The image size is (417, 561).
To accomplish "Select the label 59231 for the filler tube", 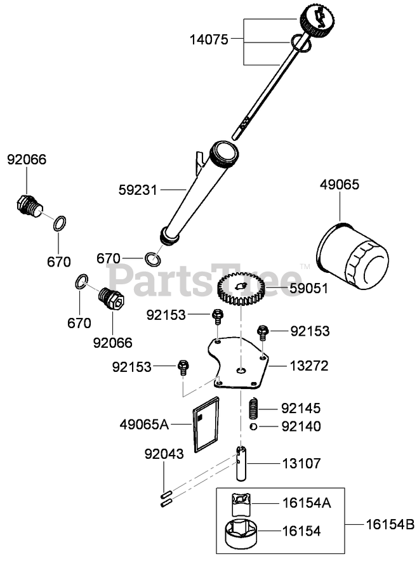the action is pyautogui.click(x=137, y=189).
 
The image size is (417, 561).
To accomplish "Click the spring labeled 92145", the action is pyautogui.click(x=254, y=407).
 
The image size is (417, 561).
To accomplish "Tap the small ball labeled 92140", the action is pyautogui.click(x=253, y=426).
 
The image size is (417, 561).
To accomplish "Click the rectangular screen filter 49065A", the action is pyautogui.click(x=206, y=424).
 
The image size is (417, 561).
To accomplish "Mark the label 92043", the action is pyautogui.click(x=164, y=454).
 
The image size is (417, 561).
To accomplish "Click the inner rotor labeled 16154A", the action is pyautogui.click(x=242, y=505).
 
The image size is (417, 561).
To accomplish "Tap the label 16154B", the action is pyautogui.click(x=389, y=525).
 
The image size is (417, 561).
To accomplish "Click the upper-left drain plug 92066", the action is pyautogui.click(x=27, y=206).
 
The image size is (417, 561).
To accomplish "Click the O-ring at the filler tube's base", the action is pyautogui.click(x=152, y=259).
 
